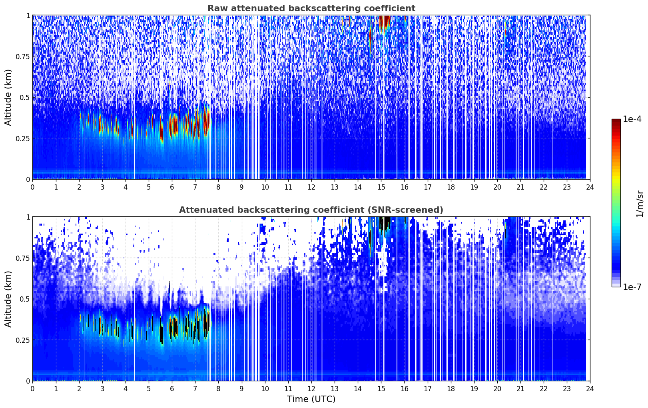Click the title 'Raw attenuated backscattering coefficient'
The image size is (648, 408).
311,8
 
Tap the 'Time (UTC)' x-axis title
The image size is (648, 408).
311,399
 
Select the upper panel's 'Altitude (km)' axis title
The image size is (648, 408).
8,97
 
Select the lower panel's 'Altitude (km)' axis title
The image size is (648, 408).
8,299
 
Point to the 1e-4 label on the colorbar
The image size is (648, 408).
632,119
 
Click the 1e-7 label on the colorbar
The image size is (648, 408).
632,287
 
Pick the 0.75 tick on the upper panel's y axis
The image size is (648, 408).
23,56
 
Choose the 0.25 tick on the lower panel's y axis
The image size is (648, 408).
23,340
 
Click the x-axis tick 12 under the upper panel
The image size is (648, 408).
311,187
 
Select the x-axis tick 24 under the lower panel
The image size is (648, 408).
590,388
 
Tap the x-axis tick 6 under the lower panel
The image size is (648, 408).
172,388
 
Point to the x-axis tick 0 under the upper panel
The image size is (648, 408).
32,187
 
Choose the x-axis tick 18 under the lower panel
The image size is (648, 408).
451,388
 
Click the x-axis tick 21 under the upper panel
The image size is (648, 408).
520,187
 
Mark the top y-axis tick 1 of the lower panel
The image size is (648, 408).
28,217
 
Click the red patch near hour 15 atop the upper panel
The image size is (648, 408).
385,21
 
